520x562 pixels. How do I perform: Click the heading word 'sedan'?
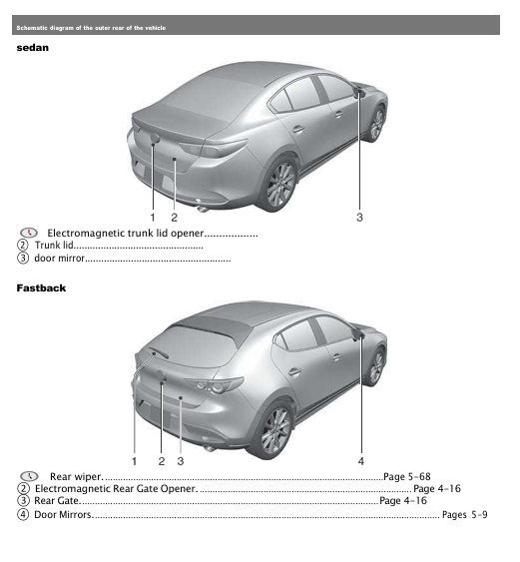(x=31, y=47)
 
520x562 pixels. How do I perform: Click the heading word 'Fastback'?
(x=41, y=288)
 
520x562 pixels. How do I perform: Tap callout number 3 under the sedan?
(x=359, y=216)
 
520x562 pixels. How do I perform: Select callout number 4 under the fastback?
(x=361, y=461)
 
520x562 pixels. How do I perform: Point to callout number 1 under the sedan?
(x=153, y=216)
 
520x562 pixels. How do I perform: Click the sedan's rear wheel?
(x=280, y=185)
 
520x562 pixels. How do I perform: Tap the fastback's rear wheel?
(x=275, y=430)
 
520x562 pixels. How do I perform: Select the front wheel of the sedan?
(x=377, y=124)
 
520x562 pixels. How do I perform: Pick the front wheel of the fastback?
(x=376, y=366)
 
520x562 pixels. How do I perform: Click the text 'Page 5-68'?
(x=407, y=477)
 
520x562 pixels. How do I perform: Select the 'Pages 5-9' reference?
(x=464, y=514)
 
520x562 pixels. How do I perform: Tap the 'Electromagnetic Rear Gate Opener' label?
(x=115, y=489)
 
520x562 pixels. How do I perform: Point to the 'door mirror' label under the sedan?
(x=59, y=258)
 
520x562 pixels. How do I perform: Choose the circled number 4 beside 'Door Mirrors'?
(x=23, y=514)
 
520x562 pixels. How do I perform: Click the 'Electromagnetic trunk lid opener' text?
(x=131, y=233)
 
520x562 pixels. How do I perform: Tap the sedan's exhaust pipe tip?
(x=203, y=208)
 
